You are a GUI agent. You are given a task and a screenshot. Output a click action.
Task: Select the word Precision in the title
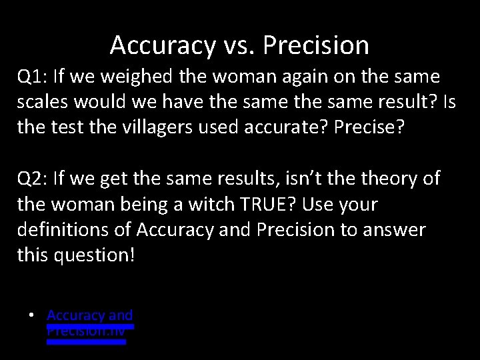[316, 45]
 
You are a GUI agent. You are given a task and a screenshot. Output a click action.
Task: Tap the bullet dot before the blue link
[31, 315]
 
